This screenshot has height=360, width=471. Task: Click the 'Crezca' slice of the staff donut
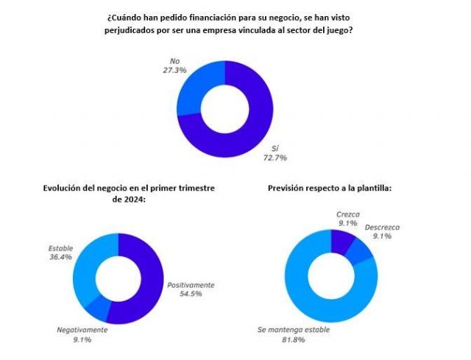pos(343,241)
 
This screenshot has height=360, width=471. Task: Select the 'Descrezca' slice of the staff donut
pos(362,253)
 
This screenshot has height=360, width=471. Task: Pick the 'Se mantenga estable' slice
pos(309,294)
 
